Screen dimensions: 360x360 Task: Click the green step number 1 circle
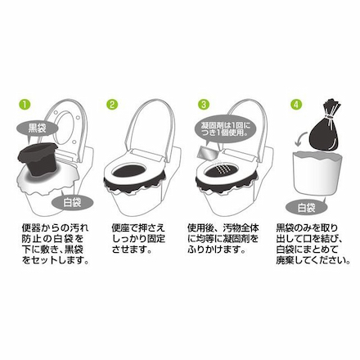(25, 106)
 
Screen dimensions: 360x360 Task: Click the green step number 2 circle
(112, 106)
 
